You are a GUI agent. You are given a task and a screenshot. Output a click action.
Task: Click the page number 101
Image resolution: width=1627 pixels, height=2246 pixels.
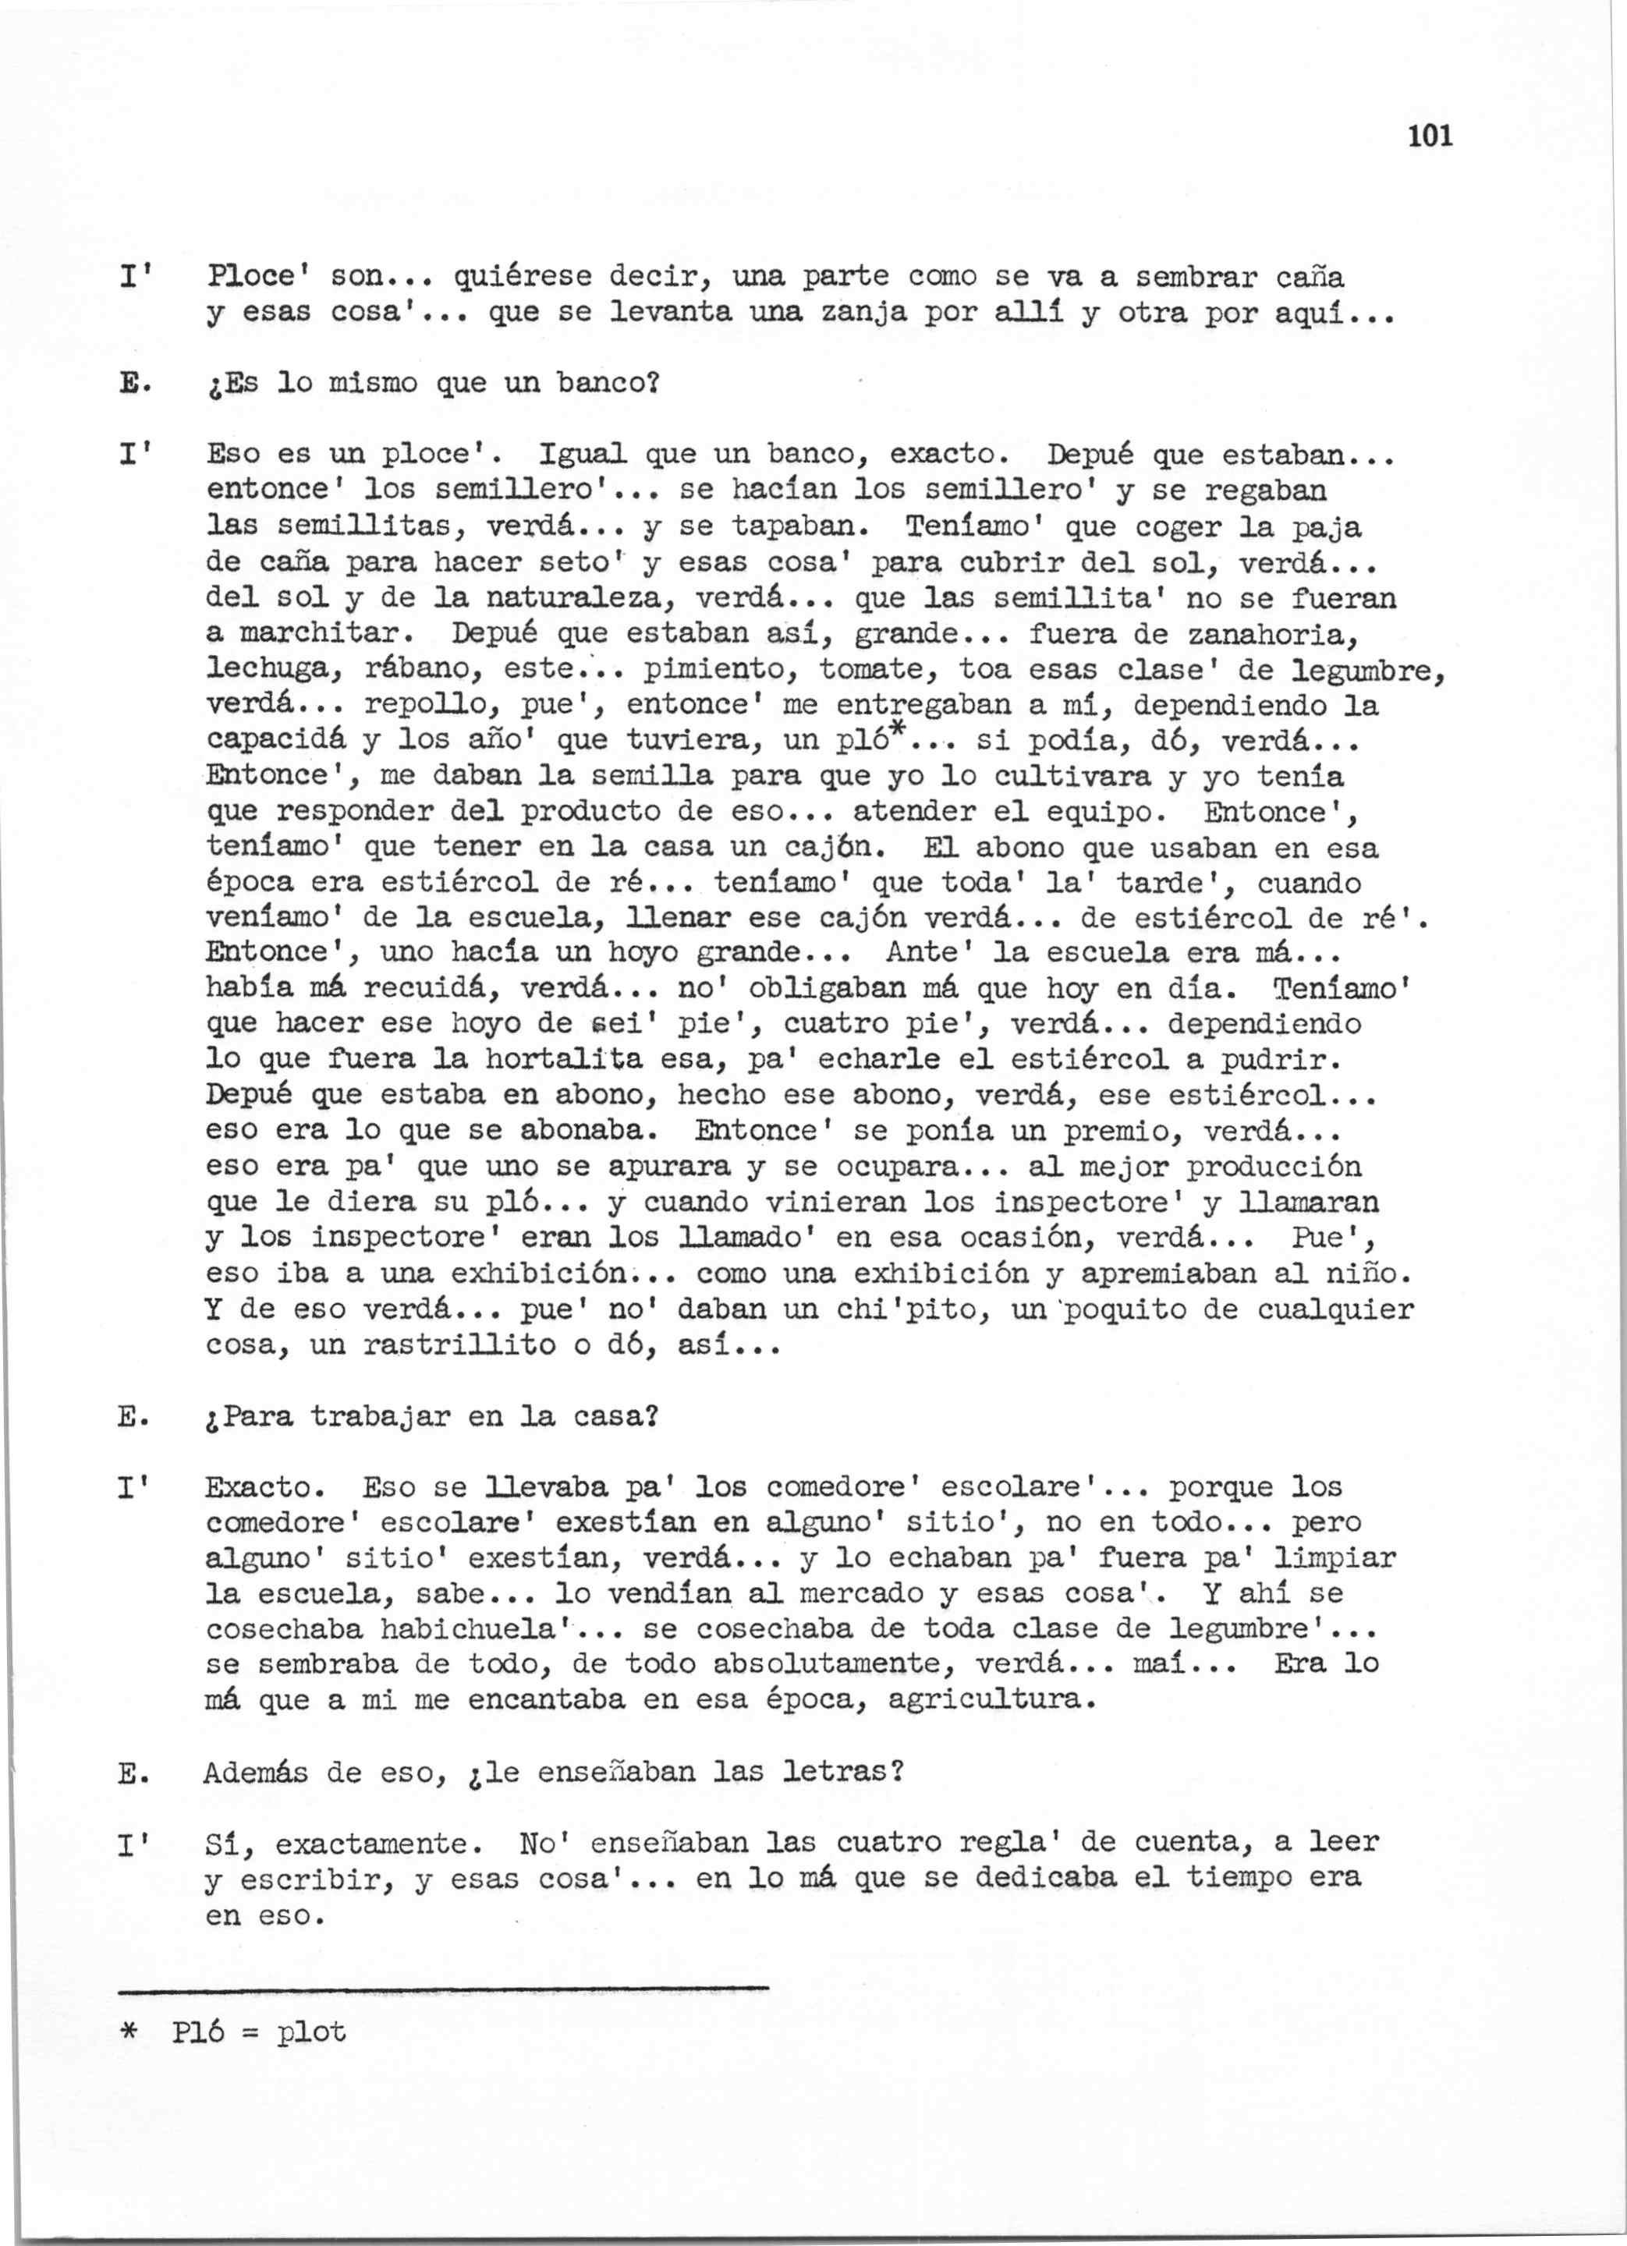pos(1428,136)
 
